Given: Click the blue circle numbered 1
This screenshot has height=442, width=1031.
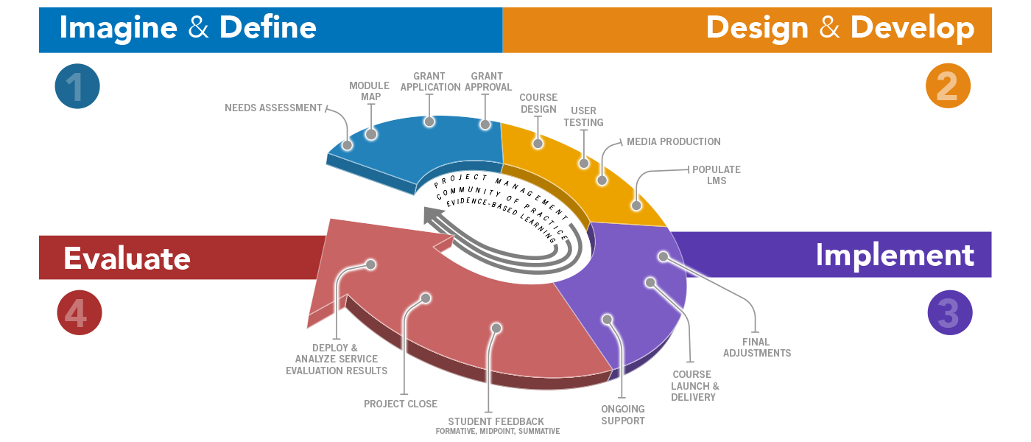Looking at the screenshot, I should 77,87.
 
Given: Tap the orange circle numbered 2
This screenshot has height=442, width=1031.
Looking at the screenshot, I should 948,87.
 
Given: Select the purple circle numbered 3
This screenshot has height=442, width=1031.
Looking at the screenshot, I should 949,312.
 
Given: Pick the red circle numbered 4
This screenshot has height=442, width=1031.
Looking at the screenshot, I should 79,313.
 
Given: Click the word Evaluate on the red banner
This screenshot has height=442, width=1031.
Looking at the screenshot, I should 127,259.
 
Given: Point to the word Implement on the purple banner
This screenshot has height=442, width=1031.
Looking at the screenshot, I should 895,255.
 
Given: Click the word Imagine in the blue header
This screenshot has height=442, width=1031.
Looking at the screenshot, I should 118,28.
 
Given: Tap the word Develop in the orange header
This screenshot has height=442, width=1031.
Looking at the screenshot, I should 912,28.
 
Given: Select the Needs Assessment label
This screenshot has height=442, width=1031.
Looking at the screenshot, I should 274,108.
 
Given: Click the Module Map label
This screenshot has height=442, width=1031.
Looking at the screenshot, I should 369,91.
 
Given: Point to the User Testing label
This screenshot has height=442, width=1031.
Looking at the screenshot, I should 583,116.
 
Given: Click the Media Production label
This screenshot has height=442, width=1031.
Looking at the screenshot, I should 673,141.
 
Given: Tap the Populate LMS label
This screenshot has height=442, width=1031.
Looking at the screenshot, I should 716,175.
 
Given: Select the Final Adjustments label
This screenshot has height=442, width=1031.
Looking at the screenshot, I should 756,347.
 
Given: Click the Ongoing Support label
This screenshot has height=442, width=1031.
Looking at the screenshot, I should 623,415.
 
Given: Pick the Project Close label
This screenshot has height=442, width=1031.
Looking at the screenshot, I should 401,404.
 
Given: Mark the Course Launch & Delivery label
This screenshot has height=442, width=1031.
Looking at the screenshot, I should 694,386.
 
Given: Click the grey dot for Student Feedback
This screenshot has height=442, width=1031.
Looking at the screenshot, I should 496,328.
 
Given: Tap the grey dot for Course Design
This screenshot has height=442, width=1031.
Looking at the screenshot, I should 538,143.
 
